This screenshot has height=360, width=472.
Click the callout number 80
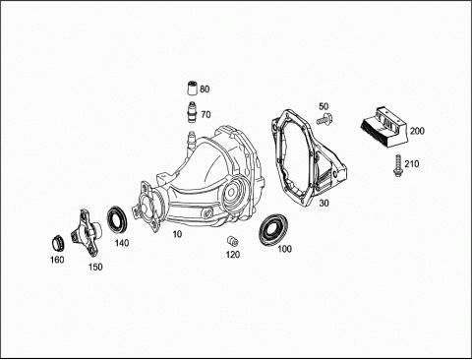tap(205, 90)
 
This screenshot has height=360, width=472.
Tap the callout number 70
tap(206, 115)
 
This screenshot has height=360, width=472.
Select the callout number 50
tap(324, 106)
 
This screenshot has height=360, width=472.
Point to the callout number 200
tap(417, 131)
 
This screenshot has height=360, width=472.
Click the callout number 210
tap(412, 163)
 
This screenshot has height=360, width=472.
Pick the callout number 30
tap(324, 204)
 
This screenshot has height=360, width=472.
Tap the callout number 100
tap(284, 249)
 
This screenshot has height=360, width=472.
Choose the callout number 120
tap(233, 255)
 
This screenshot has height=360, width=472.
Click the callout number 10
tap(177, 234)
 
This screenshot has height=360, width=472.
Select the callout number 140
tap(122, 243)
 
